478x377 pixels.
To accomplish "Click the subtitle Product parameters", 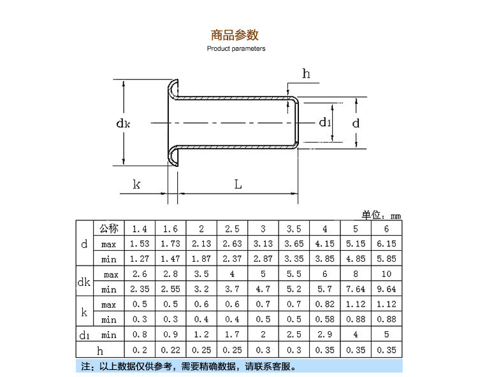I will [236, 48].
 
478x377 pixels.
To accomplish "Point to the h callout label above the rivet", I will [306, 74].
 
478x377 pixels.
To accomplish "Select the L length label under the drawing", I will [238, 185].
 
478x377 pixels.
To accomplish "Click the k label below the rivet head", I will [136, 185].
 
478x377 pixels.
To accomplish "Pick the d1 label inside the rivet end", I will [325, 122].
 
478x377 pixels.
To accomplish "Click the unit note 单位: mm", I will [382, 214].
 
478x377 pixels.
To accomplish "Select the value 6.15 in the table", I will [387, 244].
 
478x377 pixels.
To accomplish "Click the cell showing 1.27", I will [139, 259].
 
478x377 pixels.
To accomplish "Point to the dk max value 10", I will [387, 274].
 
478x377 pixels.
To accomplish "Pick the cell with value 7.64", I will [356, 289].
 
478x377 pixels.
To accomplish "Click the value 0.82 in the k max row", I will [325, 304].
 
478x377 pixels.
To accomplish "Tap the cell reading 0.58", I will [325, 320].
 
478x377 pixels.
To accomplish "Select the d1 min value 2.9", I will [325, 335].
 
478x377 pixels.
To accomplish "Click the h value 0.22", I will [170, 350].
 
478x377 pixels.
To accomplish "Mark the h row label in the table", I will [99, 350].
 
